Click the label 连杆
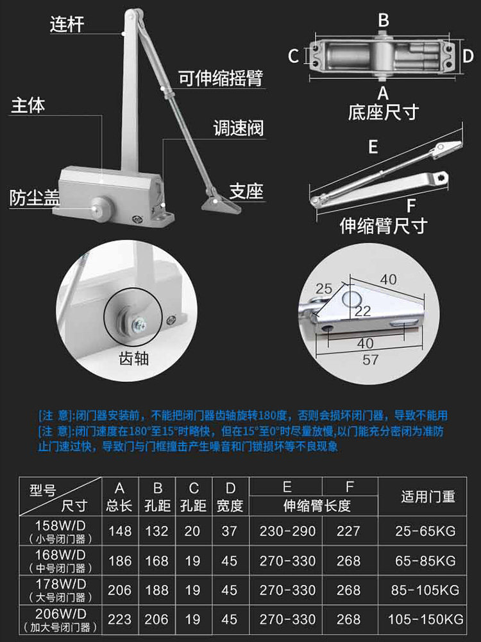coord(67,24)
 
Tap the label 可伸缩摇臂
coord(221,78)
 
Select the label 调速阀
coord(239,128)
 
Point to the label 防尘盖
coord(35,197)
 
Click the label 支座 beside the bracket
coord(246,191)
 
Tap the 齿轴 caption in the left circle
coord(134,358)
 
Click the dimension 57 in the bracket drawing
coord(370,360)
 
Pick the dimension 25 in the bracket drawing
coord(323,289)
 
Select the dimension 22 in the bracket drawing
coord(362,311)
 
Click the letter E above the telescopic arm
coord(373,147)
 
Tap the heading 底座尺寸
coord(384,112)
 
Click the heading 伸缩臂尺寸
coord(384,225)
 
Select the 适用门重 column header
coord(428,497)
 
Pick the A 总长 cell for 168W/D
coord(120,560)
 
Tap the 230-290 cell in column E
coord(287,531)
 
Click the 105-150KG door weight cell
coord(426,619)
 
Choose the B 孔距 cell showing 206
coord(156,619)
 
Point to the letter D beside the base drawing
coord(468,56)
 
